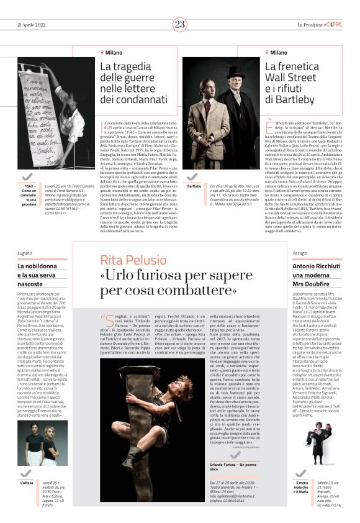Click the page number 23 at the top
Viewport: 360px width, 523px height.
tap(180, 24)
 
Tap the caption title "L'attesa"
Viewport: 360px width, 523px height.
tap(26, 483)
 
